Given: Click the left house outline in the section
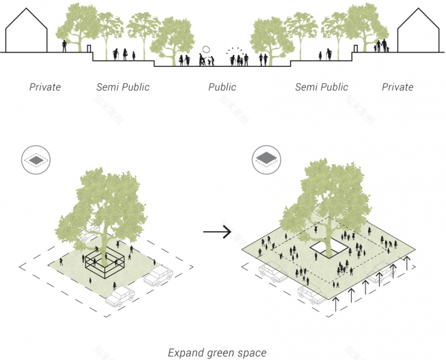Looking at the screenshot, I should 26,33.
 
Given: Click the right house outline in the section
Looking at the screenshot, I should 419,33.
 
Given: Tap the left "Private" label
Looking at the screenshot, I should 45,87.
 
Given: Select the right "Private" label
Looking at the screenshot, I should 397,87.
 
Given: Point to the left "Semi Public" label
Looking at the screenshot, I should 123,87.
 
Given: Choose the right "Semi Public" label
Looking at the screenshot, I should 322,87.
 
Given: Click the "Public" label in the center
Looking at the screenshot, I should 222,87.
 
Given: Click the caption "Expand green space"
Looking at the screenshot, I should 217,352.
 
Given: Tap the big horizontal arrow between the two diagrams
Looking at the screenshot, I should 217,232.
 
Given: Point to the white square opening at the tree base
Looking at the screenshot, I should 328,248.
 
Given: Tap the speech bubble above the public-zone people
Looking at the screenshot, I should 206,49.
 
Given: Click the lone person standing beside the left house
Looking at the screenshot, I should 64,46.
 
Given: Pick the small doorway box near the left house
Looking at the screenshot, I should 89,49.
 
